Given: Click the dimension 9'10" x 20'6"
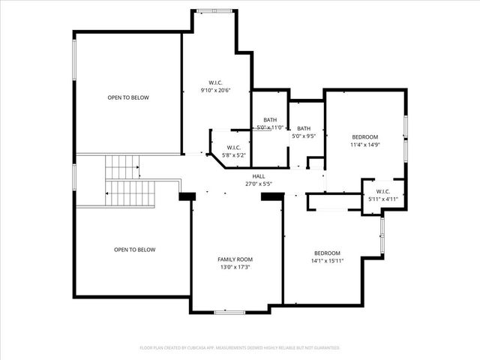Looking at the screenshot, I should (x=215, y=90).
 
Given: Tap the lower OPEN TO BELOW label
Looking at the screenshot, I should (x=134, y=249).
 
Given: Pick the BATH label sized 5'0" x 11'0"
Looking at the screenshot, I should (x=270, y=121).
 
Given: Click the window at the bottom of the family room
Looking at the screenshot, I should (x=230, y=311).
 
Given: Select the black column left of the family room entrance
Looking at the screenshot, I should (x=187, y=196).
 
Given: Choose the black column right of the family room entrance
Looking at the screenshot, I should (x=271, y=196).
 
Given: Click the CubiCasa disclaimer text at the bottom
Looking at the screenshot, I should (x=240, y=348).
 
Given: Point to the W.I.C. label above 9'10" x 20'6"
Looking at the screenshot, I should (x=215, y=82).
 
